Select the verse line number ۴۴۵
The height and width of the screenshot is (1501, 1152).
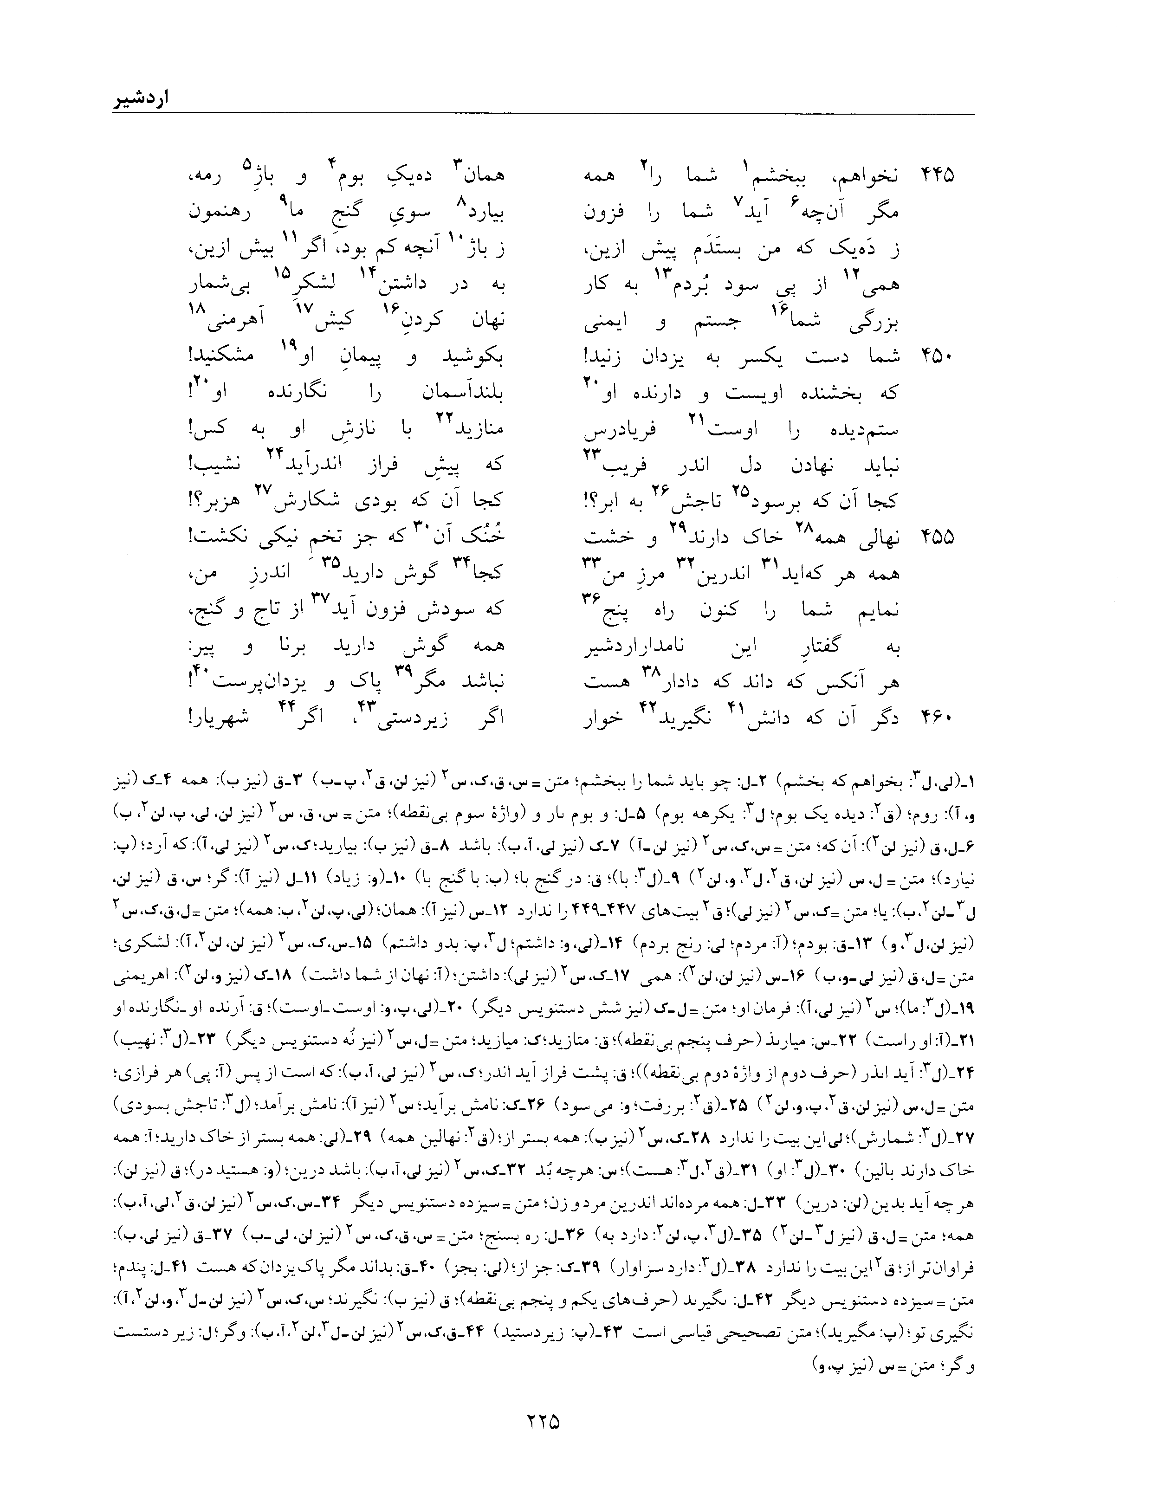pyautogui.click(x=937, y=175)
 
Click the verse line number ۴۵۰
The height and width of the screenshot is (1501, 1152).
pyautogui.click(x=937, y=356)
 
